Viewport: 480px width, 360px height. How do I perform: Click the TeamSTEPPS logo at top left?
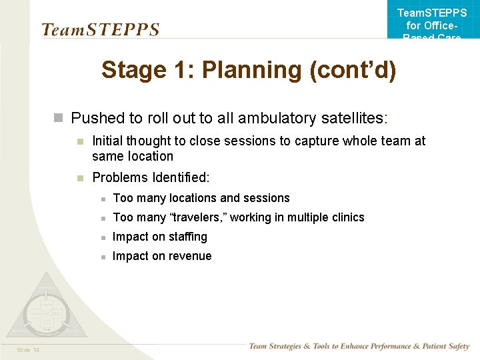(x=101, y=29)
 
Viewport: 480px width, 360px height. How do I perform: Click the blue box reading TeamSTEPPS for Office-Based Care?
(x=432, y=24)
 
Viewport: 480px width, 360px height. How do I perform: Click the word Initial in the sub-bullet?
(x=108, y=141)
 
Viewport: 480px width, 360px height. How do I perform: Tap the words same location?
(x=133, y=157)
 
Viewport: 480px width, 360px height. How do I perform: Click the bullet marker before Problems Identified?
(x=79, y=178)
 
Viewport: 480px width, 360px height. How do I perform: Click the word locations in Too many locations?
(x=193, y=198)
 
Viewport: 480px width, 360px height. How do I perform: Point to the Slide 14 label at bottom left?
(x=27, y=350)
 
